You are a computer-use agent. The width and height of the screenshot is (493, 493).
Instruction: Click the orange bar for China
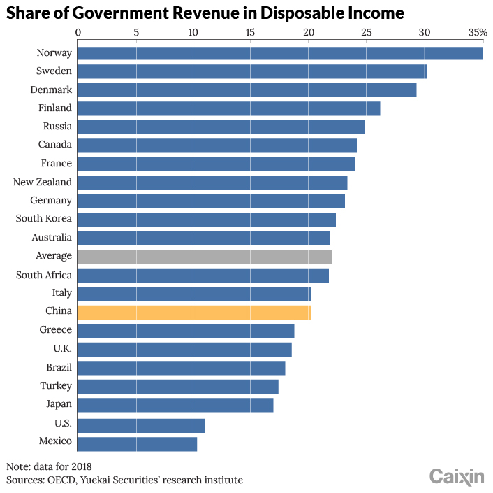(194, 313)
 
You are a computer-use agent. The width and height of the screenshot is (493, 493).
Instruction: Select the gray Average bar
(205, 257)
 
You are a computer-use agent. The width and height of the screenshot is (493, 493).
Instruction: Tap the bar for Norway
(280, 53)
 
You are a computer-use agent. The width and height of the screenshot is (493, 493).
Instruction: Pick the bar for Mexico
(137, 444)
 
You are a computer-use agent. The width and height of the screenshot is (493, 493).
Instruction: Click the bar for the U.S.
(141, 426)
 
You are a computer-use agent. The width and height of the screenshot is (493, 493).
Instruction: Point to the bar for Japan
(175, 405)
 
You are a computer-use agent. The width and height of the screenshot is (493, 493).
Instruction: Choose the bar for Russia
(221, 127)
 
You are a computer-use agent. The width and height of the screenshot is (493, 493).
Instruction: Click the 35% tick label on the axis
(478, 32)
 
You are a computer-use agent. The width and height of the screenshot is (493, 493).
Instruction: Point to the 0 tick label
(78, 32)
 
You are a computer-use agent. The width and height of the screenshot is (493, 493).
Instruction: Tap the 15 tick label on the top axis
(250, 32)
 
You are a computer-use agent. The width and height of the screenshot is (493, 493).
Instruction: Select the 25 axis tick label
(367, 32)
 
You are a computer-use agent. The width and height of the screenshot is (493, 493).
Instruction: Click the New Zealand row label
(43, 182)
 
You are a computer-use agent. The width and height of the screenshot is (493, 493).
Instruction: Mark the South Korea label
(44, 218)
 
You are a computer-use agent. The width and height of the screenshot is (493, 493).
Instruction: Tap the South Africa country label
(44, 275)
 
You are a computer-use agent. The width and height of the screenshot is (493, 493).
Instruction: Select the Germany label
(51, 201)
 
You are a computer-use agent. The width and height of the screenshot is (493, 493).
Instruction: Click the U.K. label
(63, 348)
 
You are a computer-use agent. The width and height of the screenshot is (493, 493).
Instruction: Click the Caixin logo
(457, 477)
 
